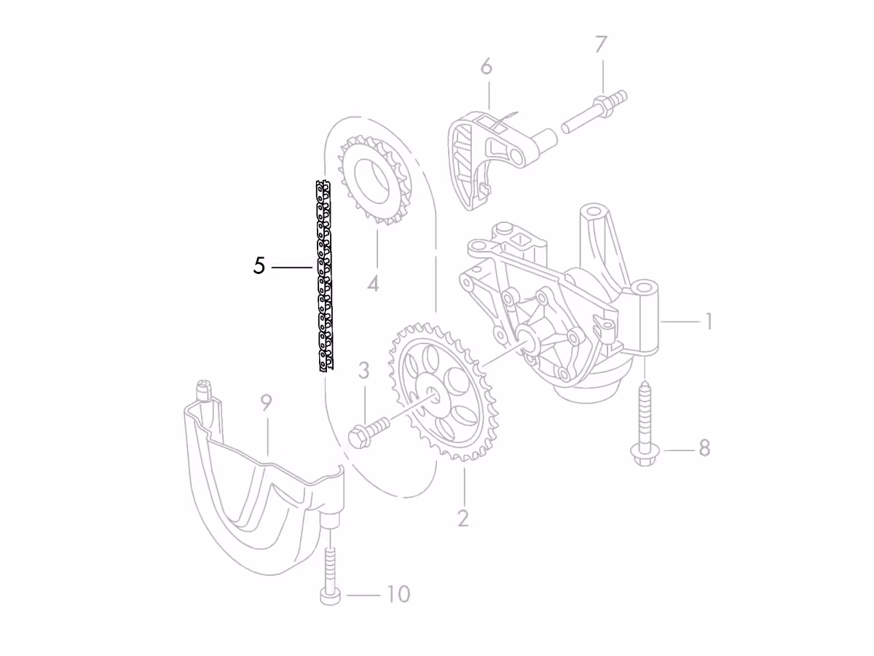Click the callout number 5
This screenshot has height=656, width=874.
(259, 265)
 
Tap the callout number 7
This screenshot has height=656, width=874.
(602, 44)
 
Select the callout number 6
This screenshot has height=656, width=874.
(487, 66)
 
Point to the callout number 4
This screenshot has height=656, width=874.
(373, 284)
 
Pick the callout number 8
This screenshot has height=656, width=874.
(704, 448)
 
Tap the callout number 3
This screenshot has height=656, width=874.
(363, 370)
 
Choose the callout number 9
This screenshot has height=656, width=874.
(266, 402)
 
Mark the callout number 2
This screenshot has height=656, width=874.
(462, 518)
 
